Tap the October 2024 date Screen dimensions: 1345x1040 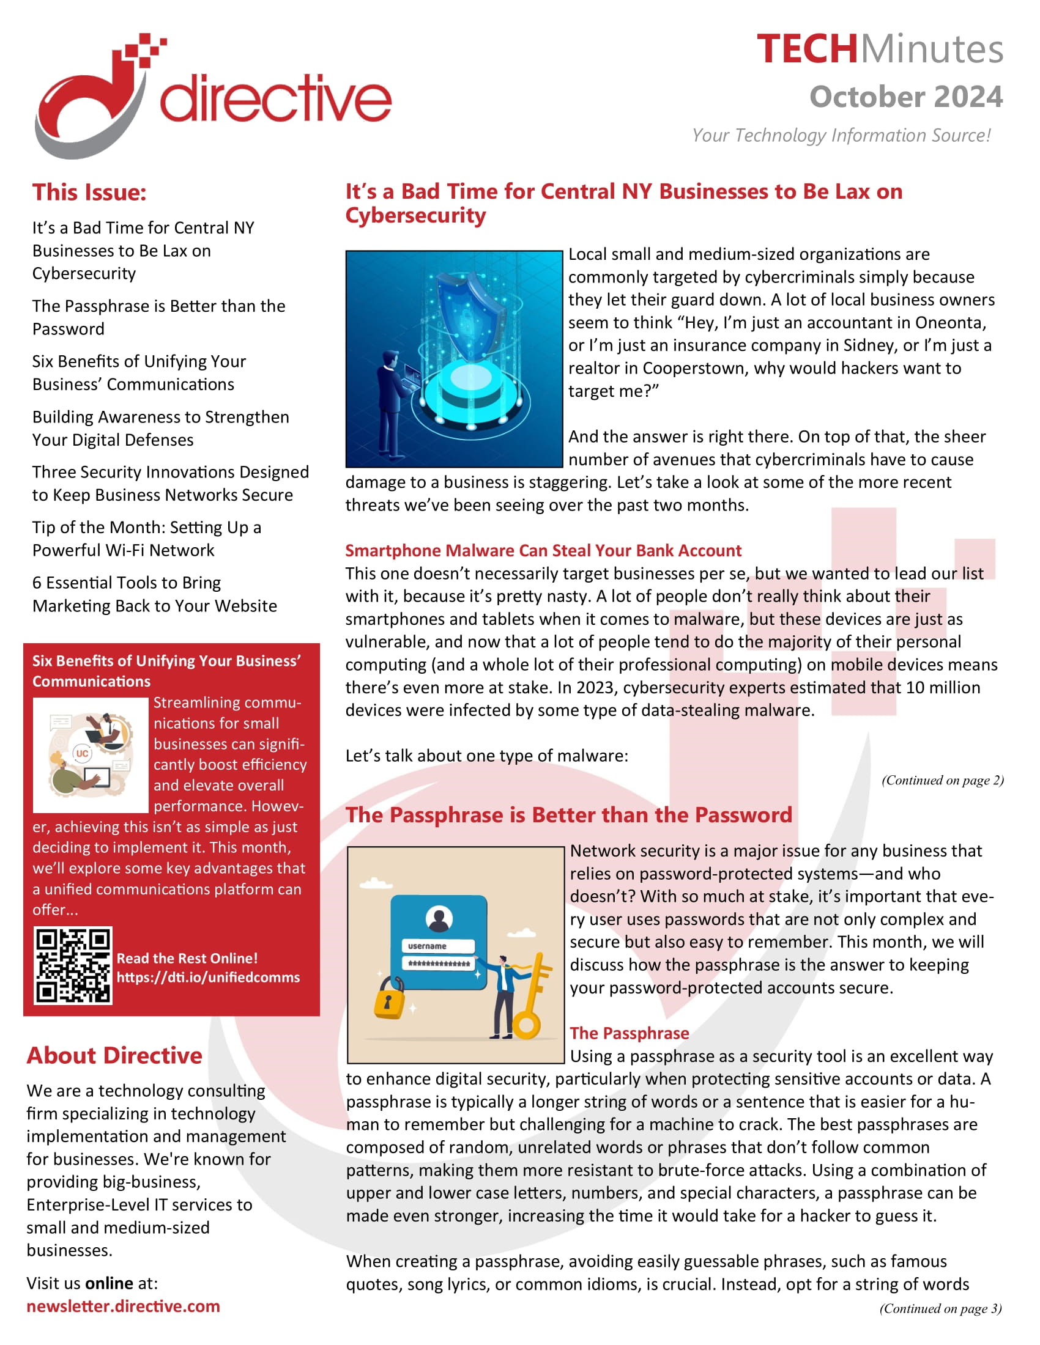point(905,97)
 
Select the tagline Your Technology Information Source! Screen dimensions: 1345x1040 point(841,135)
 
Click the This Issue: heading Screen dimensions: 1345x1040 point(89,192)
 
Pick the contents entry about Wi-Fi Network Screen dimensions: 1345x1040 point(147,538)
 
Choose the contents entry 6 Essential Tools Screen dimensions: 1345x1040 point(154,594)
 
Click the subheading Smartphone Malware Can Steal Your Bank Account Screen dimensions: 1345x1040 point(543,550)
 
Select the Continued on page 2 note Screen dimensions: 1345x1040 point(942,780)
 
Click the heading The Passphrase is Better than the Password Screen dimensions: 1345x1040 point(568,815)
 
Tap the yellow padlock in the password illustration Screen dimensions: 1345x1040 point(389,998)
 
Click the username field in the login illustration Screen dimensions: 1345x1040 point(438,946)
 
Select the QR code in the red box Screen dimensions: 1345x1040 point(73,965)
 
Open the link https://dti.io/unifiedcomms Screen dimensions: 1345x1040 point(207,978)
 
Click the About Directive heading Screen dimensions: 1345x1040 point(114,1056)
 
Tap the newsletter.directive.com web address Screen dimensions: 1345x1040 point(123,1306)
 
